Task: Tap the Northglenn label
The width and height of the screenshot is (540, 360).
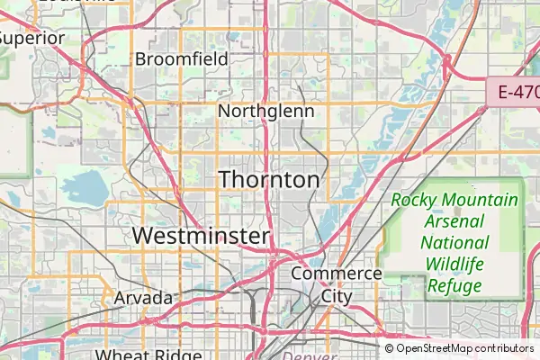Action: click(266, 112)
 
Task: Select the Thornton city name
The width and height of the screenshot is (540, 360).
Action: click(269, 179)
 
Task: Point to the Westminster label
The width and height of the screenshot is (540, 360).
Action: click(201, 236)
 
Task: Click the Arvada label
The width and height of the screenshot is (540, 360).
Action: click(143, 297)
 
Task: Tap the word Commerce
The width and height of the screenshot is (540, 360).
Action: click(336, 273)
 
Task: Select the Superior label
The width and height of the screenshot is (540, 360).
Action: click(32, 38)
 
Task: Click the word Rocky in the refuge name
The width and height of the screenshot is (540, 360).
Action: click(416, 200)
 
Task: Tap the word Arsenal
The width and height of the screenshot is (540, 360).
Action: click(455, 221)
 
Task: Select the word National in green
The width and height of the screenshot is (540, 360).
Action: click(455, 243)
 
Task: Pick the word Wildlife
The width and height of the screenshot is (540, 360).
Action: click(455, 265)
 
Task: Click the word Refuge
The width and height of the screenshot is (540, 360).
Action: click(455, 286)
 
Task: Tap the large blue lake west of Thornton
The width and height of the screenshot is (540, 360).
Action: click(87, 187)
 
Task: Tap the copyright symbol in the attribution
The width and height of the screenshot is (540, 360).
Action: click(389, 348)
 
